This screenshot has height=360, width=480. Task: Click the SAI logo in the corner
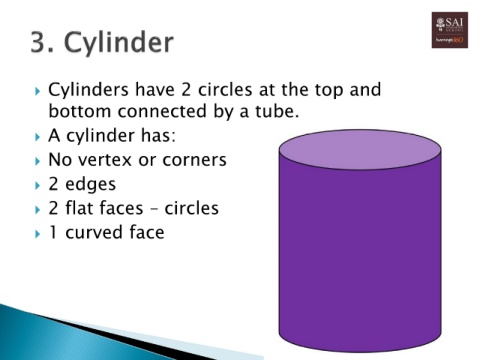(x=449, y=30)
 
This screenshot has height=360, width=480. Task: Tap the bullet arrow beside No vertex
(x=36, y=160)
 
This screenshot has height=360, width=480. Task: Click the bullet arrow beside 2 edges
(x=36, y=185)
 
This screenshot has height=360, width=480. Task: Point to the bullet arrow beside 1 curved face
(x=36, y=234)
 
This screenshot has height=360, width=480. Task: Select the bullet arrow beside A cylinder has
(x=36, y=135)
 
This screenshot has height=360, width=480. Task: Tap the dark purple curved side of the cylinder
(x=359, y=260)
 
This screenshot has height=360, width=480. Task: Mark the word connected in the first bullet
(x=175, y=110)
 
